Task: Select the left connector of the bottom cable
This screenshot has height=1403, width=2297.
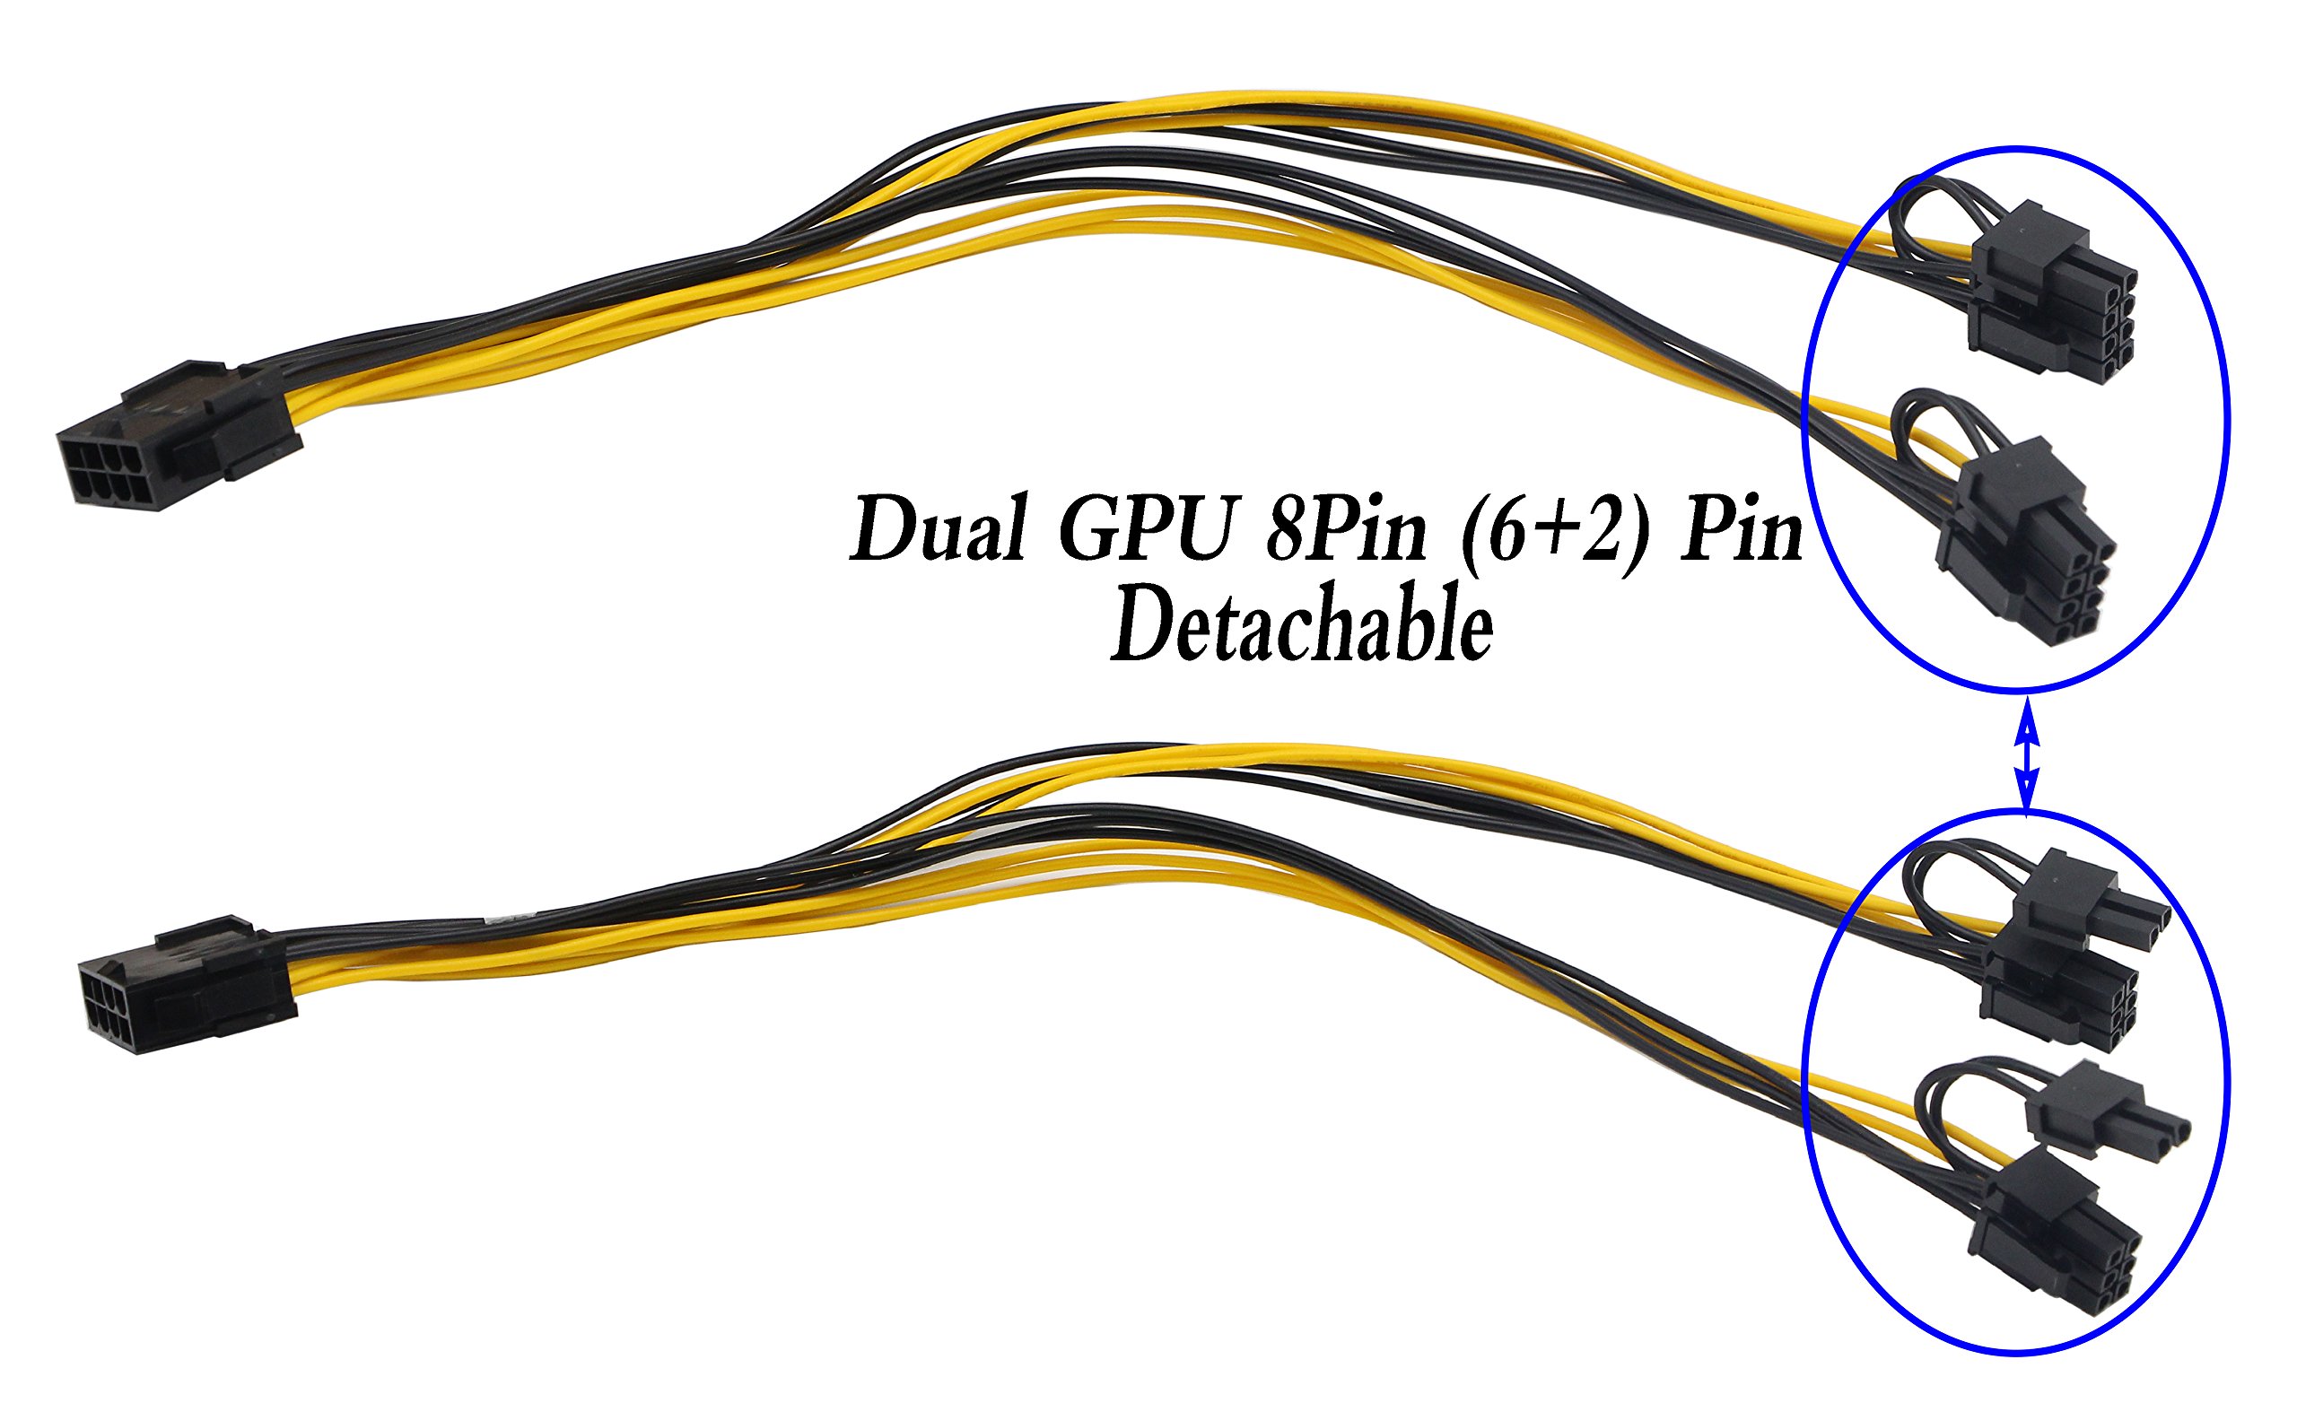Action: tap(187, 989)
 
